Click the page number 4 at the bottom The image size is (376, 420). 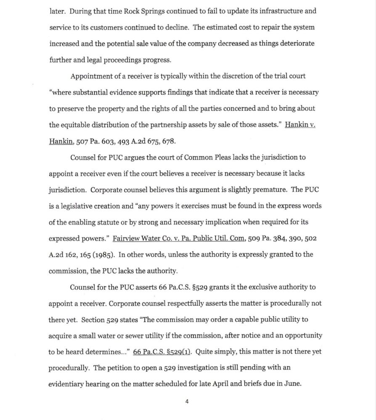[x=187, y=402]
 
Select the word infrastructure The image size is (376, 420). [x=277, y=11]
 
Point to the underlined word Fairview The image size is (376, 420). [x=128, y=238]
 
